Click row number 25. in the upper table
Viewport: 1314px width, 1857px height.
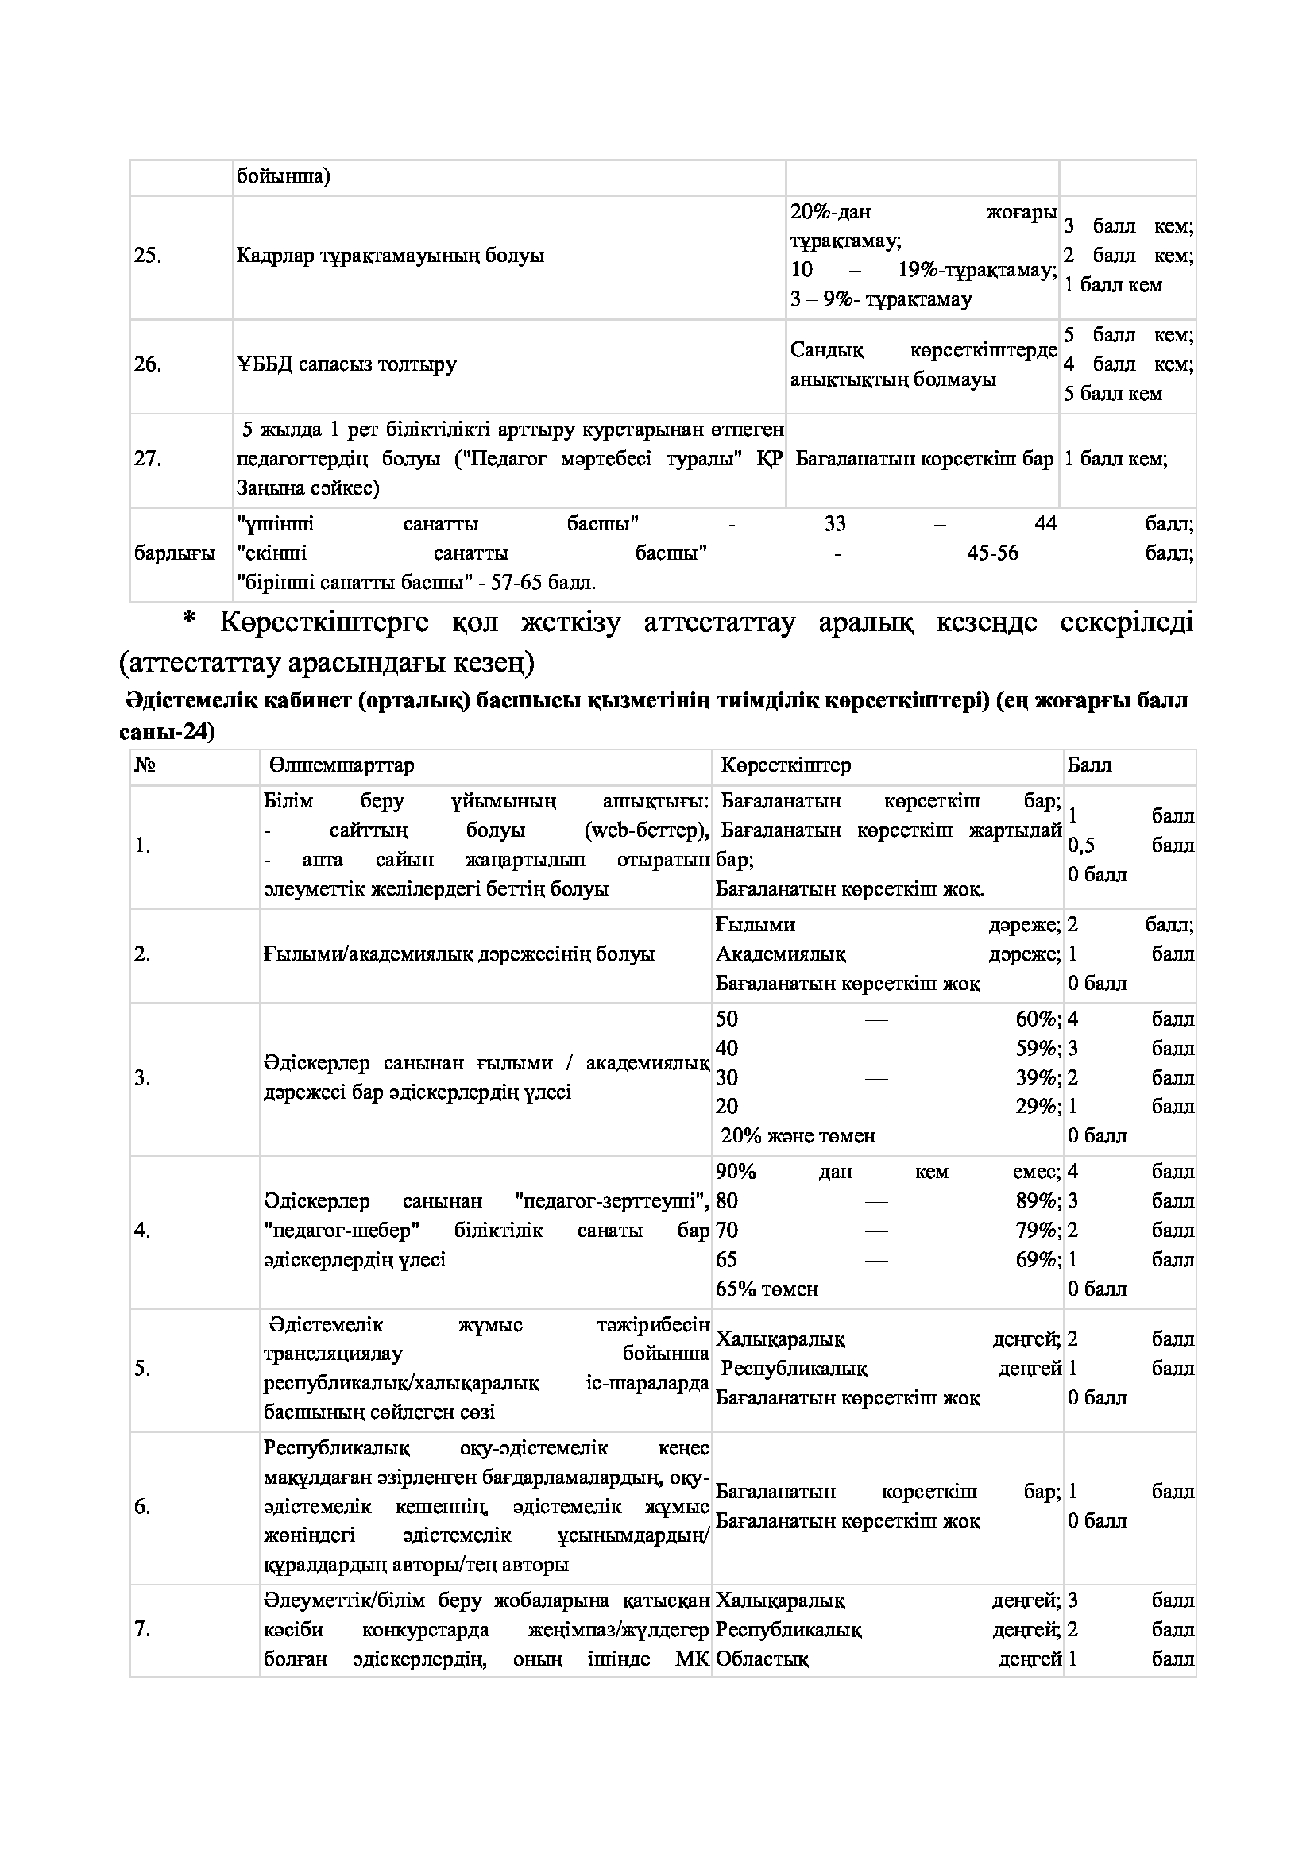pyautogui.click(x=148, y=256)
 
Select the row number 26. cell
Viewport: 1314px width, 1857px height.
pyautogui.click(x=148, y=364)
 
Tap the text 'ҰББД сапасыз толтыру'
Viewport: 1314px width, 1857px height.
pyautogui.click(x=346, y=364)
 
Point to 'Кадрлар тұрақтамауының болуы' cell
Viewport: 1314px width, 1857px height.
pyautogui.click(x=390, y=256)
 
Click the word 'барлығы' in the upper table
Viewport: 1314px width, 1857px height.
pyautogui.click(x=175, y=554)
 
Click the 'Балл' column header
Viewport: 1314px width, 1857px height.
pyautogui.click(x=1089, y=765)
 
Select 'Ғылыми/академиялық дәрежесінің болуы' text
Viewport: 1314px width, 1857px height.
pyautogui.click(x=458, y=954)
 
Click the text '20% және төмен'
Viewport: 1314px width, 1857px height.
pyautogui.click(x=798, y=1135)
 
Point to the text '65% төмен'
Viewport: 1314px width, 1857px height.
pyautogui.click(x=767, y=1289)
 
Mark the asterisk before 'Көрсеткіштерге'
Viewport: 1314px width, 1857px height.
pyautogui.click(x=189, y=621)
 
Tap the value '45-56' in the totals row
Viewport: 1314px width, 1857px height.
pyautogui.click(x=993, y=553)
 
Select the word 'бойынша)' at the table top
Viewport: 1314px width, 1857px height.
pyautogui.click(x=283, y=176)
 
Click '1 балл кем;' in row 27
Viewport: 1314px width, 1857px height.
pyautogui.click(x=1115, y=460)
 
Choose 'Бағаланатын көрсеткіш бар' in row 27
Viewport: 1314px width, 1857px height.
pyautogui.click(x=924, y=460)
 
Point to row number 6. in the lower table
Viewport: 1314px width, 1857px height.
pyautogui.click(x=142, y=1507)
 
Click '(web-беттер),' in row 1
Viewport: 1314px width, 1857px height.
pyautogui.click(x=647, y=830)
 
